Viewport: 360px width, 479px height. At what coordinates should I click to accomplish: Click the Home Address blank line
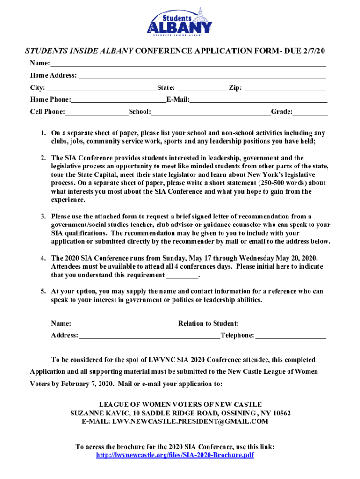(202, 75)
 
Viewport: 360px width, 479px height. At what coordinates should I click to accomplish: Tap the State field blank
(202, 87)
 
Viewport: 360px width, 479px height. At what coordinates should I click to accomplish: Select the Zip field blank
(285, 87)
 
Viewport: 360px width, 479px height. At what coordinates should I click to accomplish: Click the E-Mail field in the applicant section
(258, 100)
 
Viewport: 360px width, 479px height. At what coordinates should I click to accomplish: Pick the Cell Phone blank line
(97, 112)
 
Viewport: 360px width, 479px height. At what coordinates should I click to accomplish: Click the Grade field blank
(310, 112)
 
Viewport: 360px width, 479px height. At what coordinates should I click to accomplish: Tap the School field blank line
(210, 112)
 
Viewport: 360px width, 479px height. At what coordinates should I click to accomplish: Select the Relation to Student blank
(284, 324)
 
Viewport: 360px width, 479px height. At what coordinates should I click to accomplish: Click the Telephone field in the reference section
(291, 335)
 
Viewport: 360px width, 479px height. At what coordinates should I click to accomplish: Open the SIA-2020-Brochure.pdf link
(175, 455)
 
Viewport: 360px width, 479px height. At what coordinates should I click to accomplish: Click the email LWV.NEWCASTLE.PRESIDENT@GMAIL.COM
(190, 421)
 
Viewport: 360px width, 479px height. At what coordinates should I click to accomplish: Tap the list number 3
(43, 217)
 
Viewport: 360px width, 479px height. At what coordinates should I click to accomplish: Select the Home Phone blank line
(119, 100)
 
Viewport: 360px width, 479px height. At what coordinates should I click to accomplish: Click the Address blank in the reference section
(149, 335)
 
